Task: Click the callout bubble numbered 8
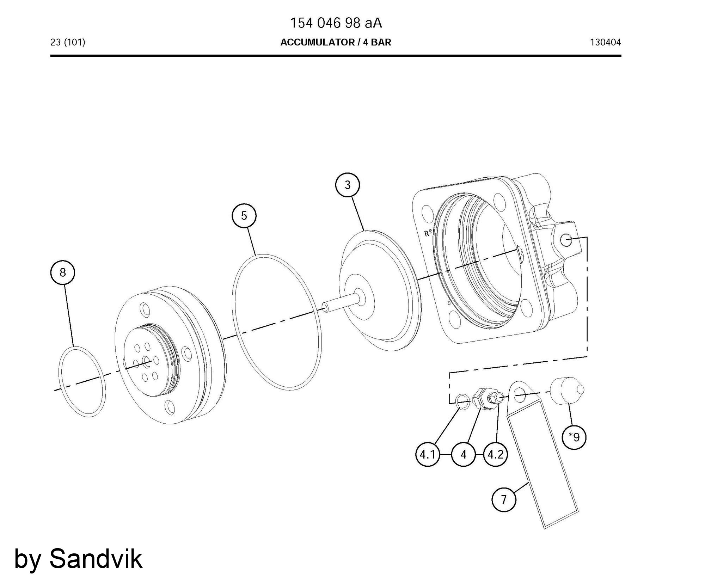[x=63, y=272]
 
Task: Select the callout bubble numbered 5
[x=244, y=215]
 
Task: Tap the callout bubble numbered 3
[x=348, y=185]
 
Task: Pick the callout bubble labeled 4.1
[x=428, y=455]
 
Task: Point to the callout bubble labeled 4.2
[x=495, y=455]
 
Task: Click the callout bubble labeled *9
[x=574, y=437]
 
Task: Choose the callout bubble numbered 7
[x=504, y=499]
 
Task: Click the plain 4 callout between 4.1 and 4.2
[x=463, y=455]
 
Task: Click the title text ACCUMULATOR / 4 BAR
[x=336, y=42]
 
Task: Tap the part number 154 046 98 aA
[x=336, y=23]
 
